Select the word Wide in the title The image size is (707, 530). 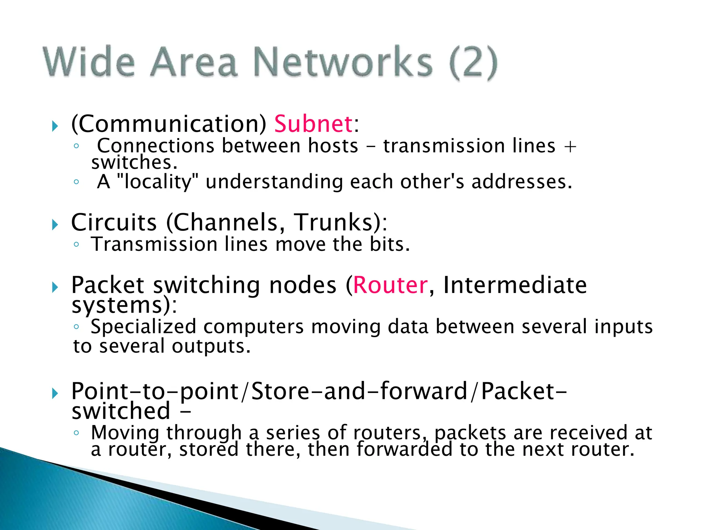point(89,62)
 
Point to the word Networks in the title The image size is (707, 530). point(343,62)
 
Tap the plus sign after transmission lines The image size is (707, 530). point(570,146)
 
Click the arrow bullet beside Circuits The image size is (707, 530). point(55,225)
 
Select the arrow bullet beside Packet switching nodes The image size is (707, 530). point(55,287)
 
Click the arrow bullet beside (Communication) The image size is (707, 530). point(55,126)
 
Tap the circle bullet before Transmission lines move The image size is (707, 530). point(76,245)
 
